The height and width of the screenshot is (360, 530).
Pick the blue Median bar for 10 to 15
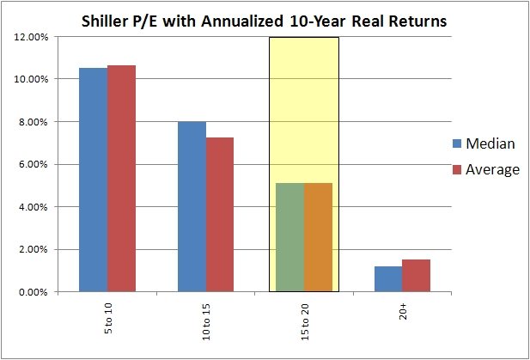(192, 207)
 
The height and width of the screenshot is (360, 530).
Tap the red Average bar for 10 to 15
(220, 215)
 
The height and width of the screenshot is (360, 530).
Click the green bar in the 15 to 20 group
(290, 238)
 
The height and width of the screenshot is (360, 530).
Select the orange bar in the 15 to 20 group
(318, 238)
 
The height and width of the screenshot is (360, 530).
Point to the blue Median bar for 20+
(388, 279)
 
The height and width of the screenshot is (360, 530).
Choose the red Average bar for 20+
(416, 276)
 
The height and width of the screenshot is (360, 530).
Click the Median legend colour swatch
(457, 143)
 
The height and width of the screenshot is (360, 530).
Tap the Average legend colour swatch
(457, 169)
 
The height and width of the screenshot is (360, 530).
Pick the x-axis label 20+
(402, 311)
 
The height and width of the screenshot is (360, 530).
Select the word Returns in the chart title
(417, 21)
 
